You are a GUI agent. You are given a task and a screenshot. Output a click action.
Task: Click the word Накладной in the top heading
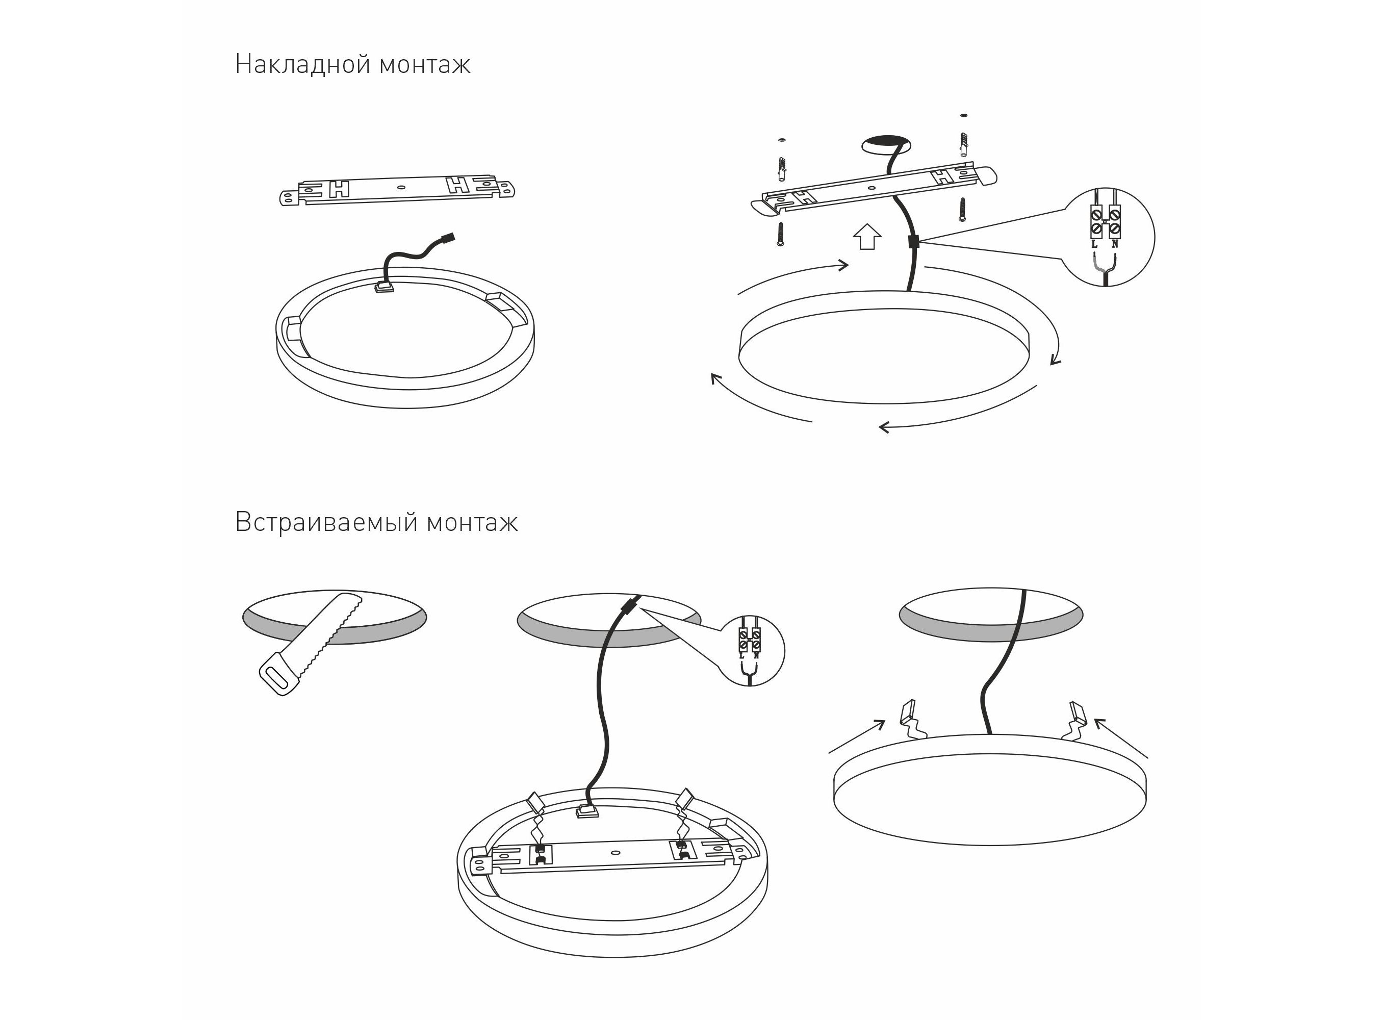click(302, 64)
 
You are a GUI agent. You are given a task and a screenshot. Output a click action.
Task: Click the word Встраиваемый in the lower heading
click(325, 522)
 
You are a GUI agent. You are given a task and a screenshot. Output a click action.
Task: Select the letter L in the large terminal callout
click(1094, 244)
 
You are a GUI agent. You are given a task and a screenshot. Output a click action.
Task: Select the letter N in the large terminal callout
click(1115, 244)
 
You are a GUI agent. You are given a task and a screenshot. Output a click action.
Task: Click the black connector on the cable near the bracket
click(914, 241)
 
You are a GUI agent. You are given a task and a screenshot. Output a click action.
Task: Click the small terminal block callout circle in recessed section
click(752, 650)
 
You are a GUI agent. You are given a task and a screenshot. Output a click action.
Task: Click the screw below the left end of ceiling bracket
click(781, 234)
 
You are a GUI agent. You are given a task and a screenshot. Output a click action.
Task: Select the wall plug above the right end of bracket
click(964, 144)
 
